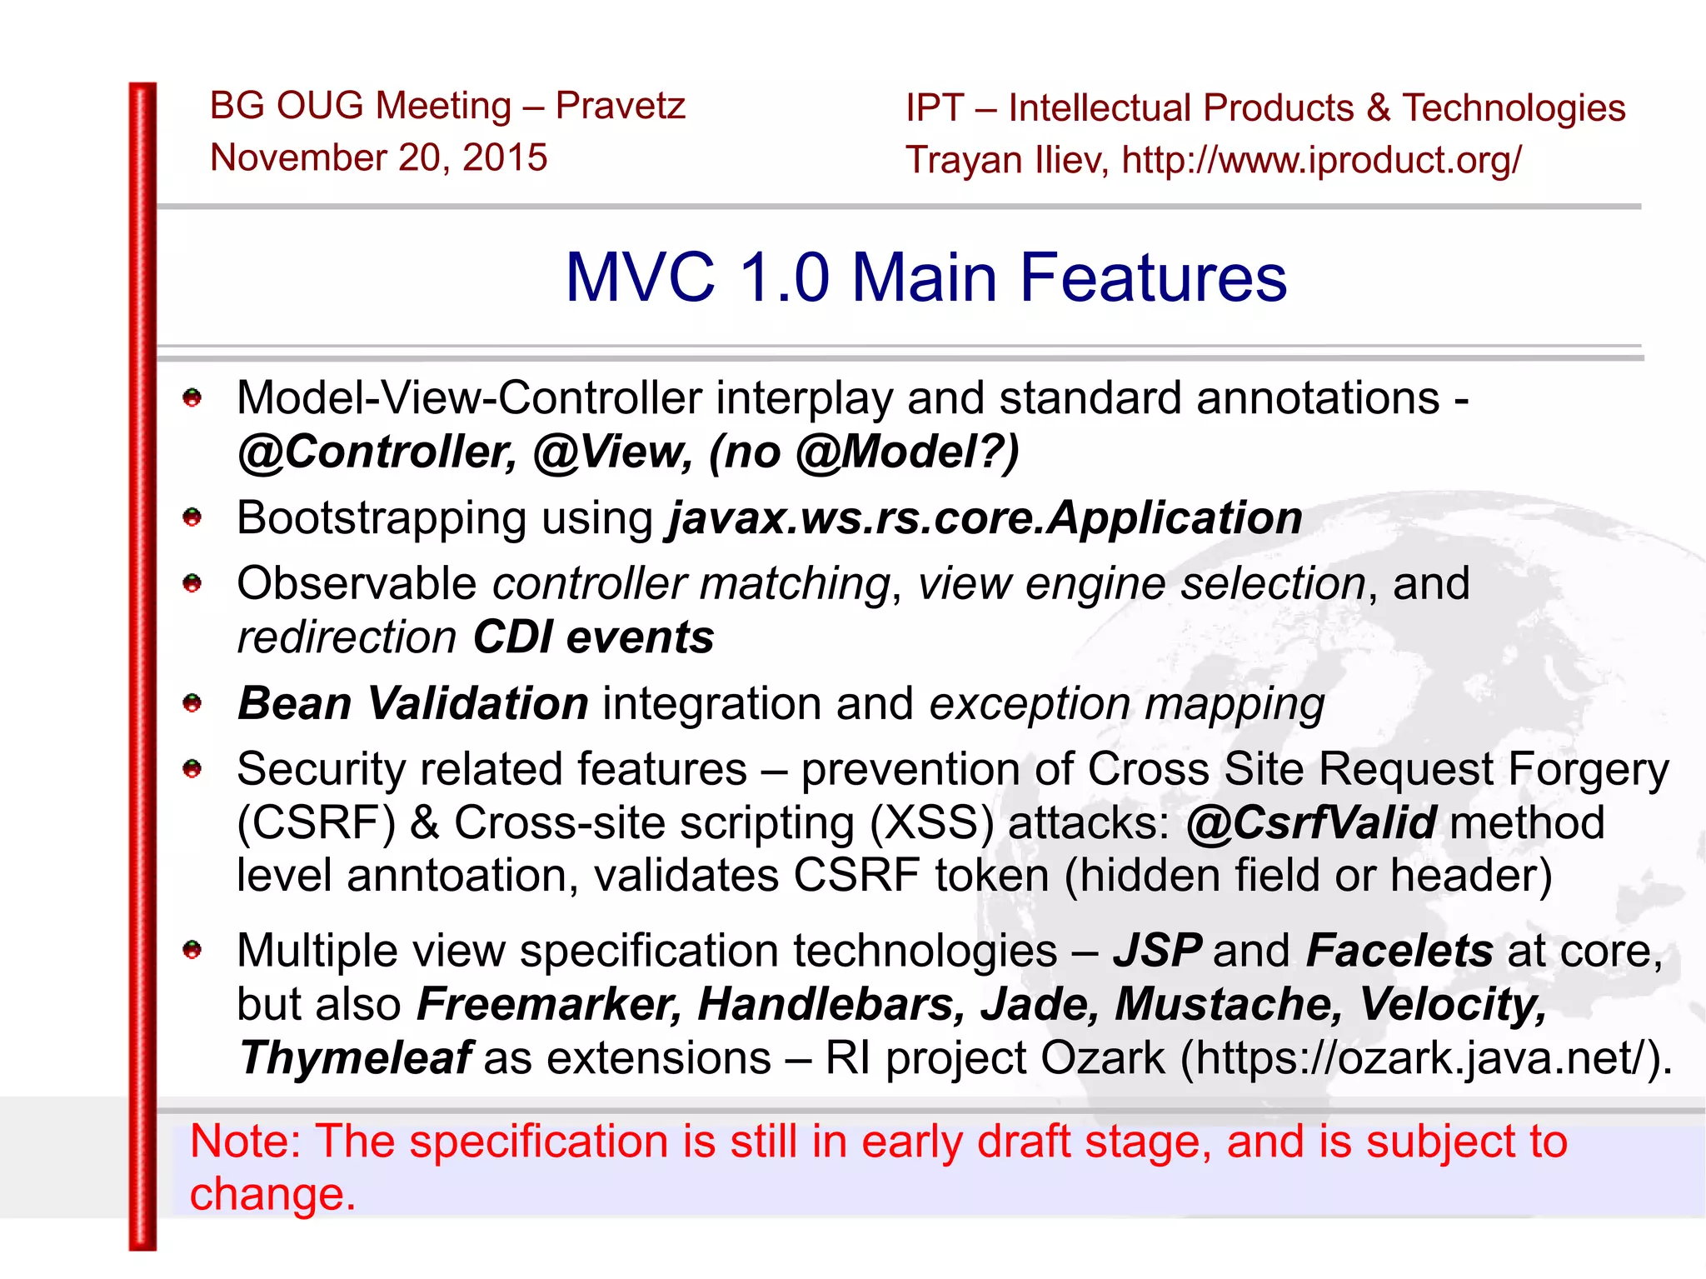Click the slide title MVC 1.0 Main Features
coord(925,277)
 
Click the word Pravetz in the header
coord(620,106)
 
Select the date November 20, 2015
coord(378,157)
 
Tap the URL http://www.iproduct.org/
coord(1321,160)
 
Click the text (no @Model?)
coord(863,452)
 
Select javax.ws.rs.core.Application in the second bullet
coord(985,518)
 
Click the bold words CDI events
coord(593,637)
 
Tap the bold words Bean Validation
coord(413,704)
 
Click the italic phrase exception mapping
coord(1126,705)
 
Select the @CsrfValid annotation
coord(1311,823)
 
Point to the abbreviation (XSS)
coord(931,823)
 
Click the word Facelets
coord(1399,951)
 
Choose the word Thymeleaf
coord(356,1058)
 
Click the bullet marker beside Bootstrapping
coord(192,518)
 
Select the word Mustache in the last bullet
coord(1228,1004)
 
